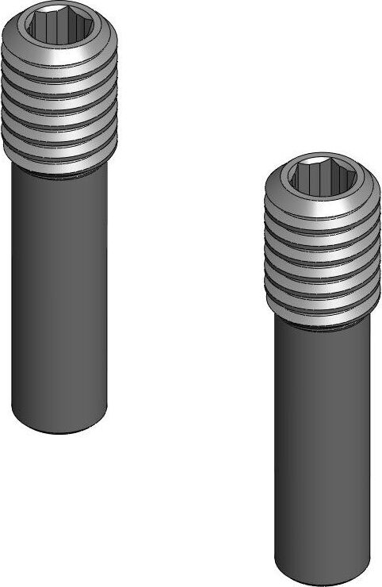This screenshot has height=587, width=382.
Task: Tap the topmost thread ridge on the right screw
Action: pyautogui.click(x=319, y=208)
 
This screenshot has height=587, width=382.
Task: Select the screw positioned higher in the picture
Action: pyautogui.click(x=59, y=222)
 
